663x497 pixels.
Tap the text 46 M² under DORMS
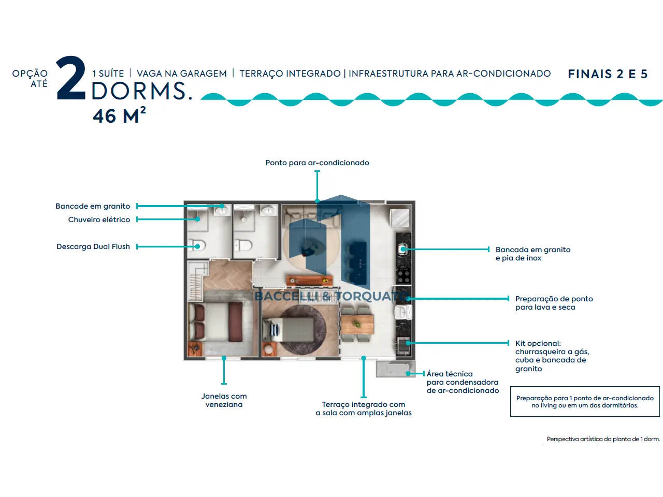pyautogui.click(x=119, y=115)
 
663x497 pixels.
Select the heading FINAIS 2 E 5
pyautogui.click(x=608, y=74)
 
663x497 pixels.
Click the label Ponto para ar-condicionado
pyautogui.click(x=317, y=163)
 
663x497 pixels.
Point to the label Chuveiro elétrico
pyautogui.click(x=99, y=220)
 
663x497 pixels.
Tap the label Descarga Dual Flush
pyautogui.click(x=93, y=246)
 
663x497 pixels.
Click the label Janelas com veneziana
pyautogui.click(x=224, y=400)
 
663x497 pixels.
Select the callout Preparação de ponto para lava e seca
pyautogui.click(x=554, y=303)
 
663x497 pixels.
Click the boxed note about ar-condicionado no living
pyautogui.click(x=585, y=401)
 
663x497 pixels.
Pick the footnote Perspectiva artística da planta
pyautogui.click(x=603, y=439)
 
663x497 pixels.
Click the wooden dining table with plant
pyautogui.click(x=357, y=324)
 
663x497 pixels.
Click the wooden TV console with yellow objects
pyautogui.click(x=310, y=281)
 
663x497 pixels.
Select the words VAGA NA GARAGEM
pyautogui.click(x=181, y=74)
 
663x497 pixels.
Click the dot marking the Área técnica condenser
pyautogui.click(x=408, y=373)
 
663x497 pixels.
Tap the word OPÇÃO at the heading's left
pyautogui.click(x=30, y=74)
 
